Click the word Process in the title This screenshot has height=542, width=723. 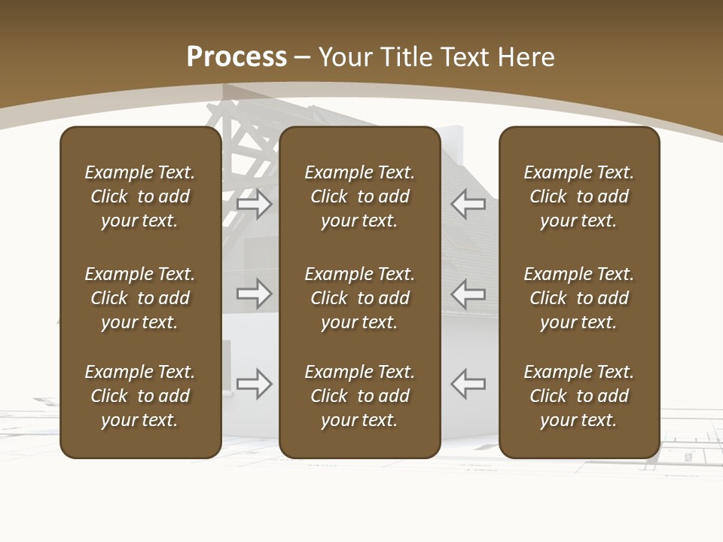pyautogui.click(x=236, y=57)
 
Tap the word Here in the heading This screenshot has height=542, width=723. pyautogui.click(x=526, y=57)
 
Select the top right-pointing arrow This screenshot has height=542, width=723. pyautogui.click(x=255, y=203)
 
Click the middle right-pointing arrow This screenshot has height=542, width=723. pyautogui.click(x=255, y=294)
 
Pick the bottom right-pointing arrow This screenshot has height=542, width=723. pyautogui.click(x=255, y=384)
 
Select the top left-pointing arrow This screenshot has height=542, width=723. pyautogui.click(x=468, y=203)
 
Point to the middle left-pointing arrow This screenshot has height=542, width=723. pyautogui.click(x=468, y=294)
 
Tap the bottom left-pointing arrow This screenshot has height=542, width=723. pyautogui.click(x=468, y=384)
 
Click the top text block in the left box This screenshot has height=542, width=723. pyautogui.click(x=140, y=196)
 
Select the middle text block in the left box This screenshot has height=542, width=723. pyautogui.click(x=140, y=298)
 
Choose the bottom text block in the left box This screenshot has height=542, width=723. pyautogui.click(x=140, y=396)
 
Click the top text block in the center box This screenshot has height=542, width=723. pyautogui.click(x=359, y=196)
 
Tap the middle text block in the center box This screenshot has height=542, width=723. pyautogui.click(x=359, y=298)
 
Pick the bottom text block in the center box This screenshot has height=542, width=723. pyautogui.click(x=359, y=396)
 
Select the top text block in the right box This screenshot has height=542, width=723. pyautogui.click(x=578, y=196)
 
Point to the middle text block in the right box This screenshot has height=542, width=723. pyautogui.click(x=578, y=298)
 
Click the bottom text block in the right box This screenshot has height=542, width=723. pyautogui.click(x=578, y=396)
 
